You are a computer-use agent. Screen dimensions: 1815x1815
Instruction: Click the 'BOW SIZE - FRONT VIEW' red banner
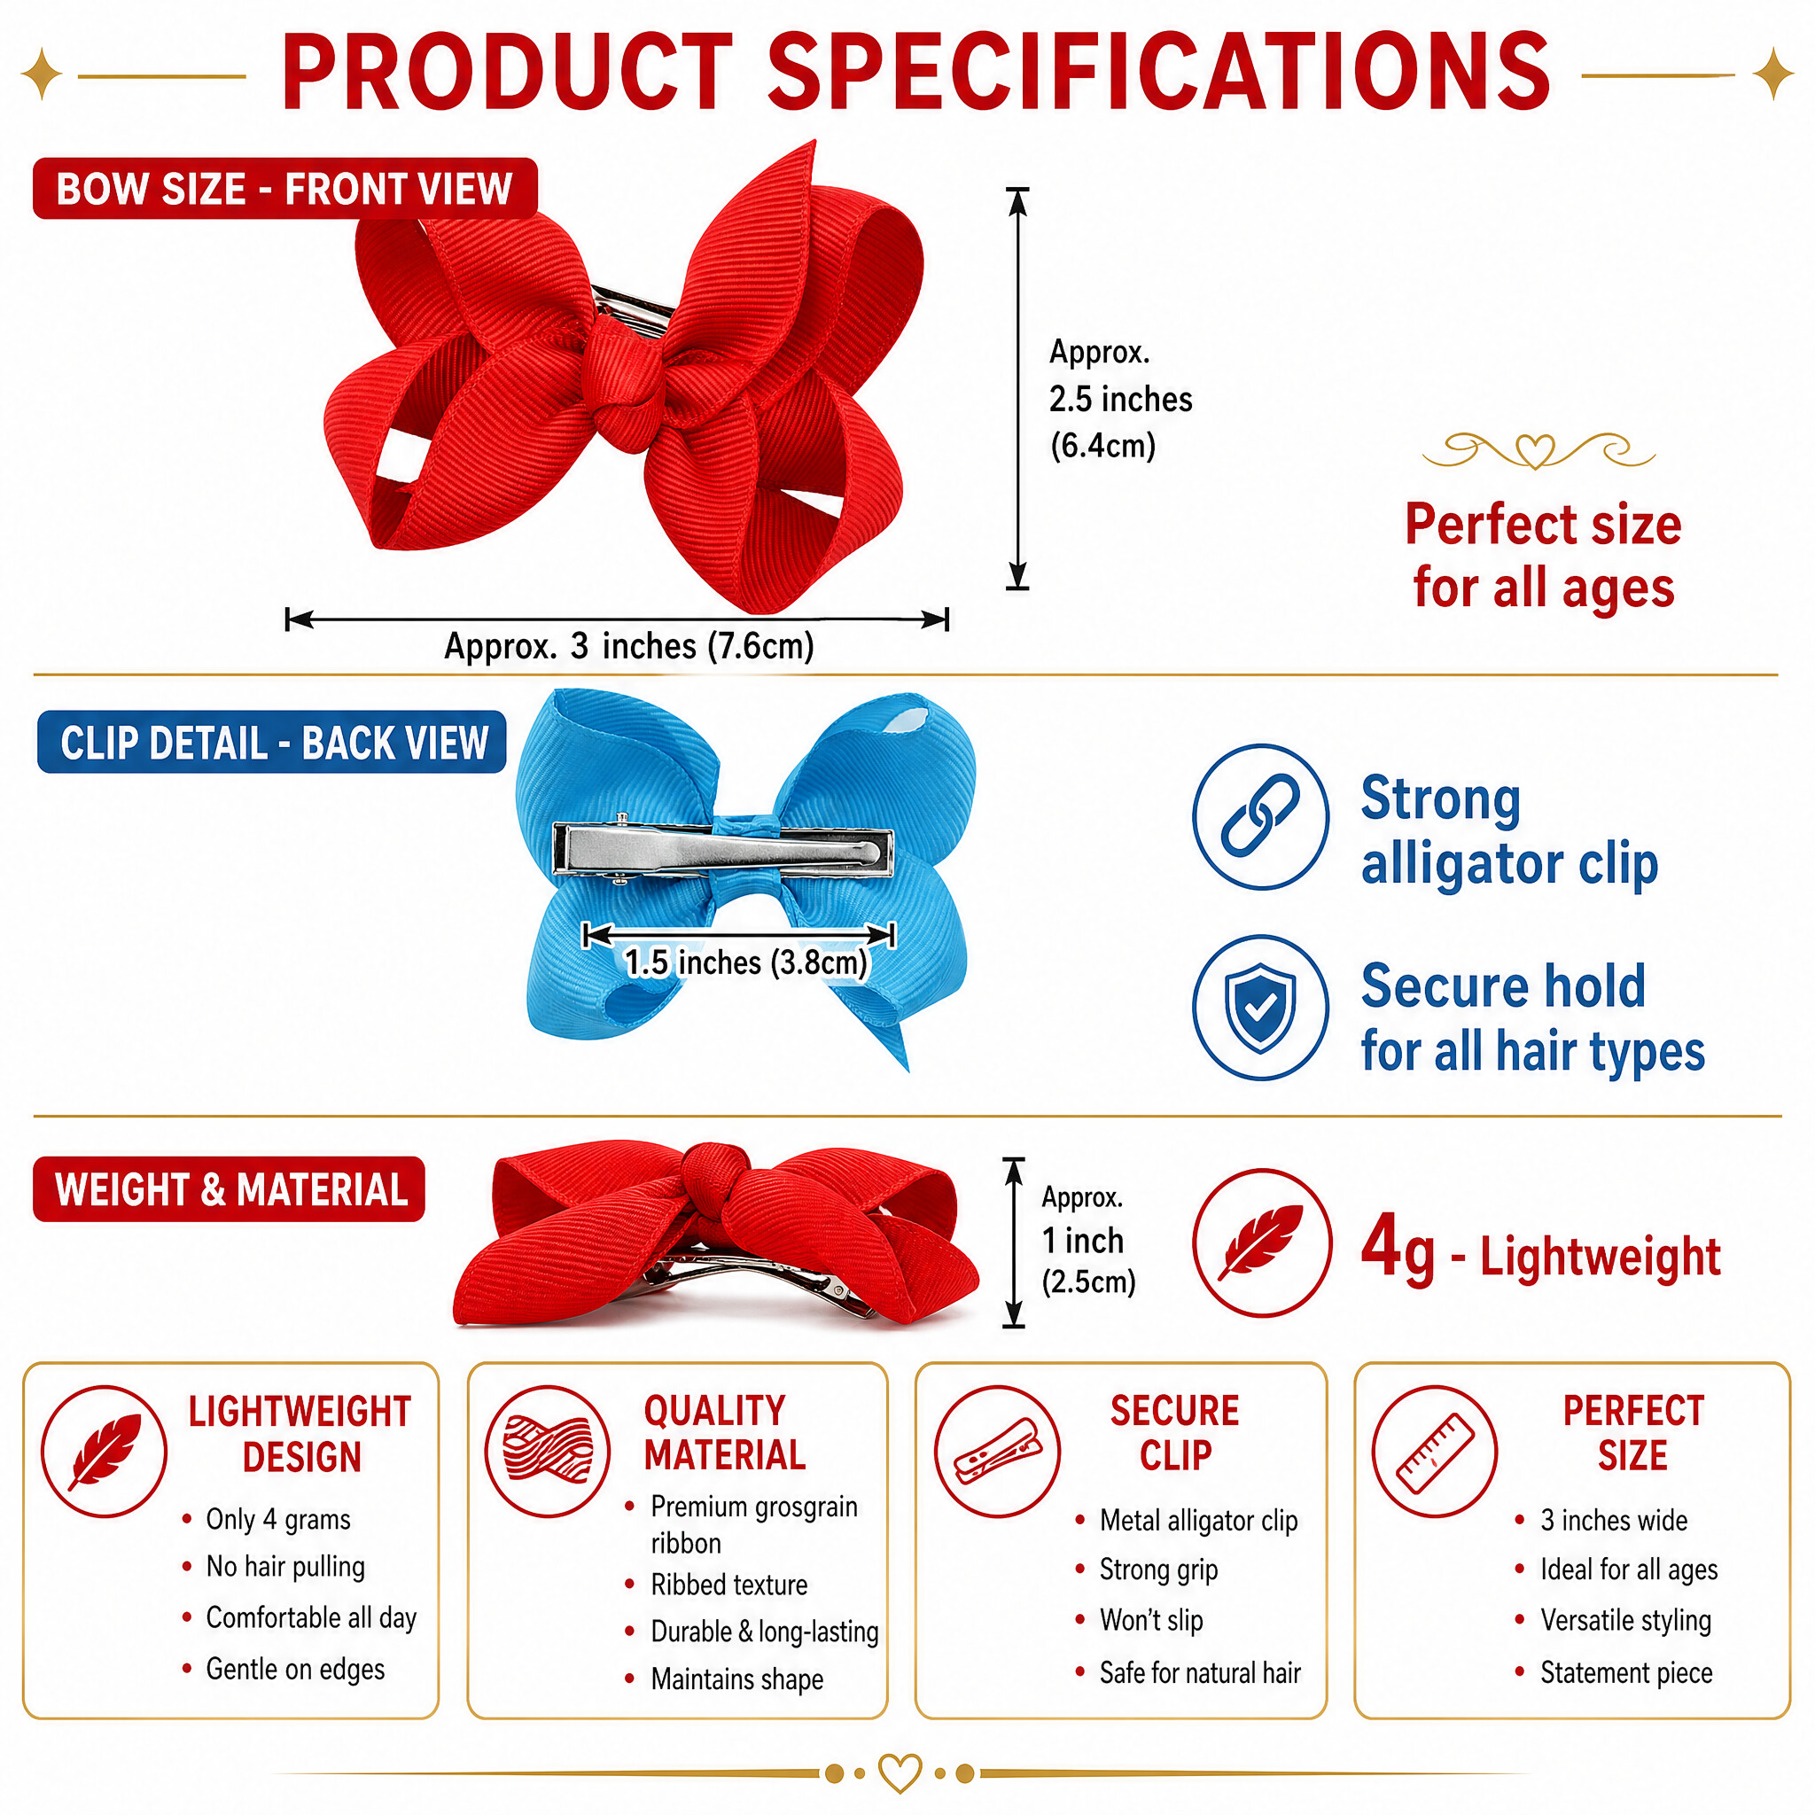pos(284,189)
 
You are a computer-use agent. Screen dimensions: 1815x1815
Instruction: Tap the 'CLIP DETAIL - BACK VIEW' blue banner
pos(272,742)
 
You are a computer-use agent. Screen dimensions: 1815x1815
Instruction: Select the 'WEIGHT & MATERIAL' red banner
pos(230,1189)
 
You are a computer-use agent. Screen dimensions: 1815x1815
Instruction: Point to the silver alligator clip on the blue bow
pos(722,850)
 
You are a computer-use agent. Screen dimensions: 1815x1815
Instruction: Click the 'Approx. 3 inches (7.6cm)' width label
pos(628,646)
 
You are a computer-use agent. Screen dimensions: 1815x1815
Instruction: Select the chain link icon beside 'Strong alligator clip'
pos(1261,816)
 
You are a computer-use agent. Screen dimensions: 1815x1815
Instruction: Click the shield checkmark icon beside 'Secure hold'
pos(1261,1007)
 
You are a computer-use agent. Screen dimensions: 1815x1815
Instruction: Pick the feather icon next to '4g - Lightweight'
pos(1262,1242)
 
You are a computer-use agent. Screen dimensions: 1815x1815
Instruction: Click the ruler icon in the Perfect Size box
pos(1435,1452)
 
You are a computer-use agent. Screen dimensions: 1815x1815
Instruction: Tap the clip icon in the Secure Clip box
pos(998,1452)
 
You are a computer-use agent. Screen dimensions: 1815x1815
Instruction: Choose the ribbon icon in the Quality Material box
pos(549,1452)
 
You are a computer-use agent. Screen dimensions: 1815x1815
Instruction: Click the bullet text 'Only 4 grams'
pos(278,1519)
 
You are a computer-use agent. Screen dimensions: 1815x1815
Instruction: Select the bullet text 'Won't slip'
pos(1152,1620)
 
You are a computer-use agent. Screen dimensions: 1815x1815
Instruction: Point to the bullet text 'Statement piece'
pos(1626,1672)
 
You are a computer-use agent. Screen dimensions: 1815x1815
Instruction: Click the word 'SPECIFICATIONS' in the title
pos(1159,72)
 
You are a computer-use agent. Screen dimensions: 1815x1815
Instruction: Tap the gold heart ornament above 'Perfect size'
pos(1536,451)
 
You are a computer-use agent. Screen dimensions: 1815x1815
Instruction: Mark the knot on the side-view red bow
pos(716,1174)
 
